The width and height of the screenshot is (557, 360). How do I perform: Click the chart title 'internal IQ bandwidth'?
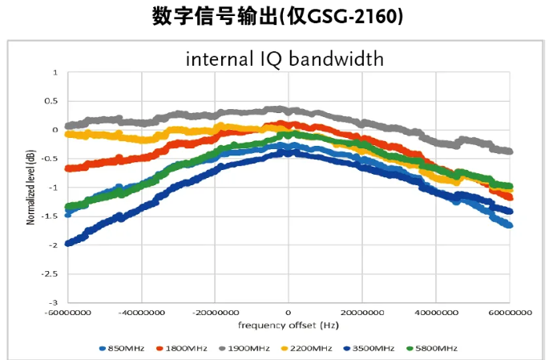pyautogui.click(x=285, y=59)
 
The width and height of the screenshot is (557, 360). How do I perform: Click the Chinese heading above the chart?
pyautogui.click(x=277, y=17)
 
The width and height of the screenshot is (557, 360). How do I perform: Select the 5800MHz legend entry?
pyautogui.click(x=437, y=348)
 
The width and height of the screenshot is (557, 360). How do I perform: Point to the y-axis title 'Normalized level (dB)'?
pyautogui.click(x=30, y=187)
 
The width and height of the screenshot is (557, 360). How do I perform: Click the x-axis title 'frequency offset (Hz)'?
pyautogui.click(x=288, y=326)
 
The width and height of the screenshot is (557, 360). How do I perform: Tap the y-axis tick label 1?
pyautogui.click(x=55, y=72)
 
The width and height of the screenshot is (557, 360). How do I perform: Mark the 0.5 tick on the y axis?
pyautogui.click(x=52, y=101)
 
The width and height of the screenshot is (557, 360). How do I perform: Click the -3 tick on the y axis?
pyautogui.click(x=54, y=303)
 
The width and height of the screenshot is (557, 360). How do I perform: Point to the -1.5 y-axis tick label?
pyautogui.click(x=50, y=216)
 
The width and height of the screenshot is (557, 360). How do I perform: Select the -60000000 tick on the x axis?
pyautogui.click(x=67, y=313)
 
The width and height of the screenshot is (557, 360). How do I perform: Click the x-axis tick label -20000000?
pyautogui.click(x=214, y=313)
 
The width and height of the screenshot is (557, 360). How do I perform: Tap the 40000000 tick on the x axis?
pyautogui.click(x=436, y=313)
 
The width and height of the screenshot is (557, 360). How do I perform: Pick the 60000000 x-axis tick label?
pyautogui.click(x=510, y=313)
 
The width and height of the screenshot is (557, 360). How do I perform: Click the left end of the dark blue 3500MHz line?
pyautogui.click(x=68, y=243)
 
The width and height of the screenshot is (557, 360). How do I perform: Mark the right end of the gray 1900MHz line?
pyautogui.click(x=510, y=151)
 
